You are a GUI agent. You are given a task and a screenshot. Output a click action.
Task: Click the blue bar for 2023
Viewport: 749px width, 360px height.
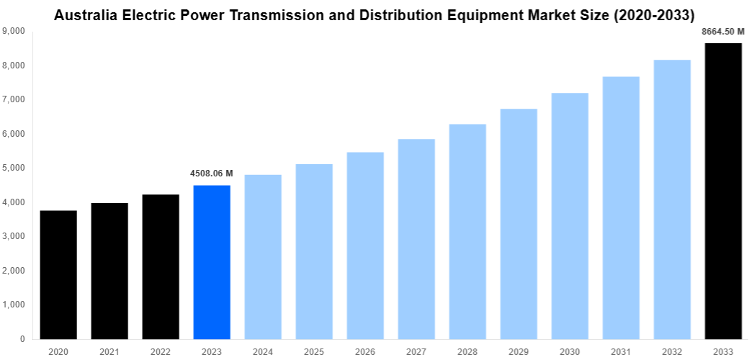pos(212,262)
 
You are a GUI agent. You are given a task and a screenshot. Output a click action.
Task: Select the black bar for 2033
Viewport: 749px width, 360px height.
pos(723,191)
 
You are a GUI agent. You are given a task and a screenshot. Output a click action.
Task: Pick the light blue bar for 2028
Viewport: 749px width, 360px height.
pos(467,231)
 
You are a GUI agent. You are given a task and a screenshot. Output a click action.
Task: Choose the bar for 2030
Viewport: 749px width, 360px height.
pos(570,216)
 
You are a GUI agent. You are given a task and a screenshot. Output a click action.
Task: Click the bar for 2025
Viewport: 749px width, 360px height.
pos(314,251)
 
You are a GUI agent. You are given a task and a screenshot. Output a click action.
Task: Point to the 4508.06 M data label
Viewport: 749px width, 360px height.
pos(212,174)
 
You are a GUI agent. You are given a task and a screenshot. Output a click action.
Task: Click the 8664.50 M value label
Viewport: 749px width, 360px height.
pos(723,31)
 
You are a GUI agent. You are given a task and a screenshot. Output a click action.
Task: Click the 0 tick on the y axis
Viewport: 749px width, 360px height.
pos(22,338)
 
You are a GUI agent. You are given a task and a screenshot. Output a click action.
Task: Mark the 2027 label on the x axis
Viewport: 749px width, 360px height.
pos(416,351)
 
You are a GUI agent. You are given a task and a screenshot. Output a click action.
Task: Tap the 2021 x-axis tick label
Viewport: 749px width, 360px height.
pos(109,351)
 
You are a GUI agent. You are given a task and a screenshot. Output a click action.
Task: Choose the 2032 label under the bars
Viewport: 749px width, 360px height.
pos(672,351)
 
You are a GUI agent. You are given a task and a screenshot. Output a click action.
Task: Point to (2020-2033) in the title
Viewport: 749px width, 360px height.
pos(651,14)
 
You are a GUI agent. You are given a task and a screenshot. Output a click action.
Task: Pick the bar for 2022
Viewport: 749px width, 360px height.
pos(161,266)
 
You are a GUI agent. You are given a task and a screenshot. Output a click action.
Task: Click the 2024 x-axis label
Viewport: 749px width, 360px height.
pos(263,351)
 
